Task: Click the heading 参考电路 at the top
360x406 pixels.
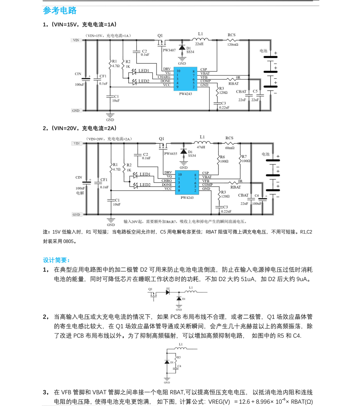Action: pos(60,11)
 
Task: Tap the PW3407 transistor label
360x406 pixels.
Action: pos(169,50)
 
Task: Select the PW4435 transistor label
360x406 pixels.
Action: pos(171,154)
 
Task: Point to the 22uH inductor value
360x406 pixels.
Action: pos(199,44)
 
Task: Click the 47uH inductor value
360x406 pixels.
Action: pos(201,147)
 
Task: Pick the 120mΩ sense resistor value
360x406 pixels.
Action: pos(232,45)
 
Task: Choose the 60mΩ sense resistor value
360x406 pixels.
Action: pos(230,148)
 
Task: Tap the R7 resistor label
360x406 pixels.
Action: pos(244,156)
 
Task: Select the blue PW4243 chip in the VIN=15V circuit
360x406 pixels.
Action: pos(185,79)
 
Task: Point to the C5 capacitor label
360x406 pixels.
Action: pos(255,91)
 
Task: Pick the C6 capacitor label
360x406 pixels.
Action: pos(257,196)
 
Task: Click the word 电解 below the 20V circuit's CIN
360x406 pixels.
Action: pos(80,193)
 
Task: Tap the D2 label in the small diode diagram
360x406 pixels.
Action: pos(168,289)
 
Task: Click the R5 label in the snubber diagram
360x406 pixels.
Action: pos(179,357)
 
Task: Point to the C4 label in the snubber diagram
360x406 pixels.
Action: pos(179,366)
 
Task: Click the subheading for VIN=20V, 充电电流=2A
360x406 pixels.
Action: pos(80,128)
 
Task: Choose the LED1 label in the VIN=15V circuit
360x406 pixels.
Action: pos(143,71)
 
